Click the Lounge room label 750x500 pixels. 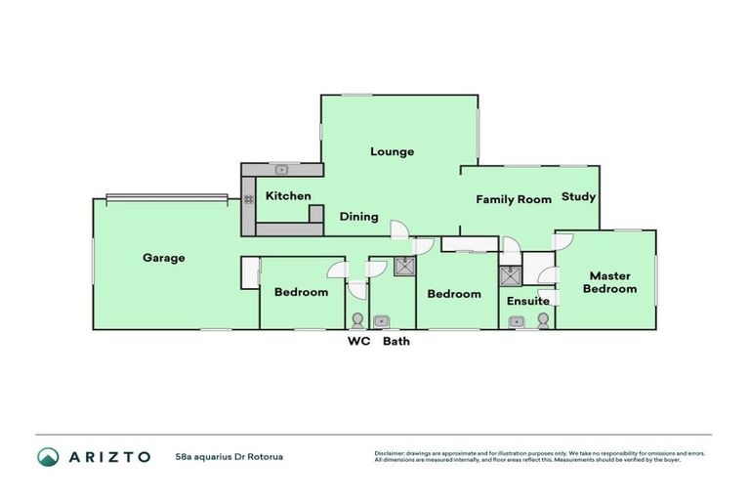[x=392, y=151]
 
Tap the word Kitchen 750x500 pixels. [x=288, y=195]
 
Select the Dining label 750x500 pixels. [x=358, y=217]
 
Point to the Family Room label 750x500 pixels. [x=514, y=199]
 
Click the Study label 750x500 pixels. [x=578, y=196]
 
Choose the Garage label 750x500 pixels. [x=164, y=258]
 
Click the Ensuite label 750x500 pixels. [x=527, y=301]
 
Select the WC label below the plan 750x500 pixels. [x=359, y=342]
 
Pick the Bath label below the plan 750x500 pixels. [x=396, y=342]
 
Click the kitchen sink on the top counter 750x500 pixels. [x=281, y=169]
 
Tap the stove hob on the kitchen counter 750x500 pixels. [x=248, y=198]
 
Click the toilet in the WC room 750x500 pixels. [x=358, y=320]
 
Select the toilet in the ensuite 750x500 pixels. [x=542, y=319]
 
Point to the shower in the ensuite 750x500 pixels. [x=509, y=274]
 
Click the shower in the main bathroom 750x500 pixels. [x=404, y=267]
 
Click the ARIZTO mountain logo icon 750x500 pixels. [x=48, y=456]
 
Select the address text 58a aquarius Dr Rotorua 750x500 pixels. [x=223, y=456]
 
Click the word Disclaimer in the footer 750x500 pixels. [x=390, y=453]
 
